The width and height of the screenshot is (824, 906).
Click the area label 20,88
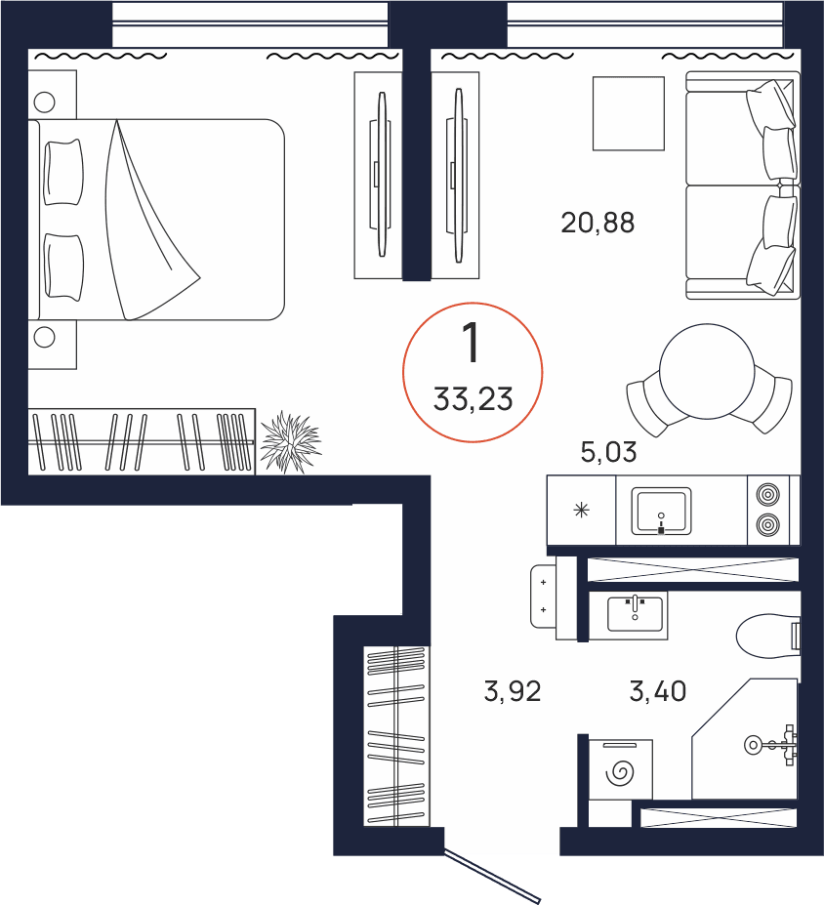click(x=597, y=223)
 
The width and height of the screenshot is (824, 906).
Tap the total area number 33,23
click(x=473, y=399)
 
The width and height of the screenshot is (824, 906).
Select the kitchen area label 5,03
click(x=608, y=452)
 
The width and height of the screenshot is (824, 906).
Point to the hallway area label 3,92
click(x=512, y=691)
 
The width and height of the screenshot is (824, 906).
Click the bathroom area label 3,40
click(x=658, y=691)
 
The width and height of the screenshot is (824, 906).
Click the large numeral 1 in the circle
click(x=473, y=343)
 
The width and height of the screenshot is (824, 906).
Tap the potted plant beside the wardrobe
click(x=290, y=442)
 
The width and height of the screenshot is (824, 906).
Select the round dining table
click(x=707, y=371)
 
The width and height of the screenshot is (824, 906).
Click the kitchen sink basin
click(x=661, y=511)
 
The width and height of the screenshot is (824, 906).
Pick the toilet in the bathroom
click(x=768, y=636)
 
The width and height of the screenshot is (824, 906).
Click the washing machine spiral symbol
click(x=620, y=772)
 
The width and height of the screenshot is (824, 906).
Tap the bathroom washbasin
click(x=635, y=614)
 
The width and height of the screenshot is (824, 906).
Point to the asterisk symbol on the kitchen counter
click(x=581, y=511)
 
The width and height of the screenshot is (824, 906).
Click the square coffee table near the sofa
click(x=629, y=113)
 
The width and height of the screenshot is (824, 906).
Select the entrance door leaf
click(x=492, y=876)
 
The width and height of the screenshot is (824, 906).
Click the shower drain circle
click(x=753, y=745)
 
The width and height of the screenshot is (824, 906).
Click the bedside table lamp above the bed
click(x=45, y=103)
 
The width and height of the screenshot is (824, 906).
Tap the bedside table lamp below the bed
click(x=45, y=337)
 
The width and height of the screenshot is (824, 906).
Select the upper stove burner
click(x=768, y=495)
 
